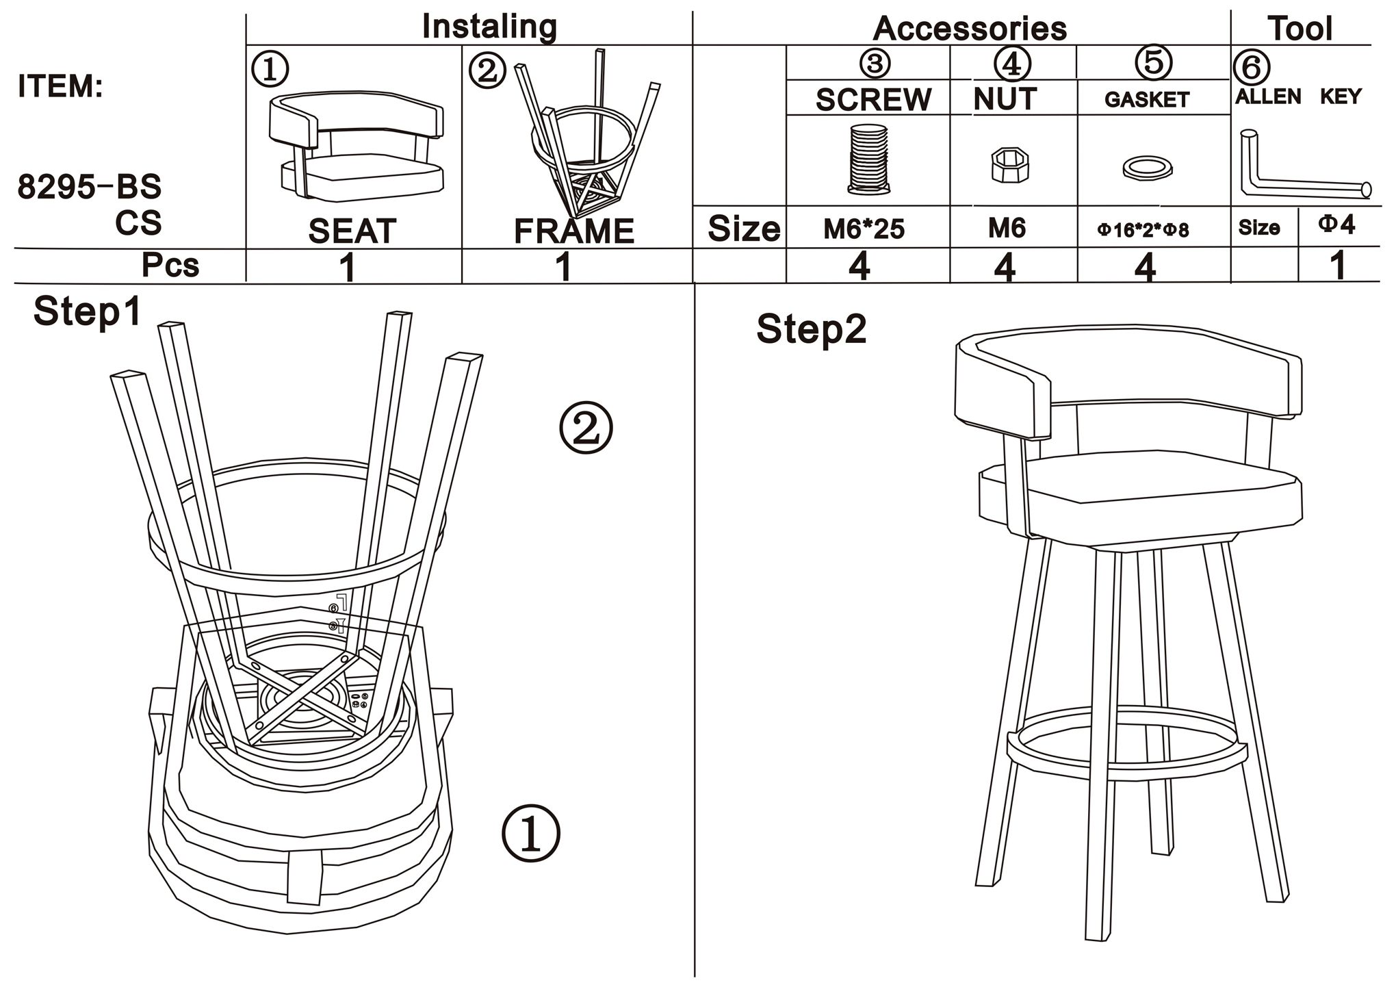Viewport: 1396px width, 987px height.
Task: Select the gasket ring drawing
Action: click(x=1147, y=168)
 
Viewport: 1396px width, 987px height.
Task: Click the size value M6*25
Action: click(x=864, y=229)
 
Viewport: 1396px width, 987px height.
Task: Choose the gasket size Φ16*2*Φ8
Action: click(x=1143, y=231)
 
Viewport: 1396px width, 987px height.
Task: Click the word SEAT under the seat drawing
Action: click(x=352, y=231)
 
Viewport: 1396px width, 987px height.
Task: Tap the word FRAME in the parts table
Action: click(x=573, y=231)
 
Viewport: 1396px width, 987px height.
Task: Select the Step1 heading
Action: click(x=87, y=311)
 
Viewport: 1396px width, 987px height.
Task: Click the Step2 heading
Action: click(x=811, y=329)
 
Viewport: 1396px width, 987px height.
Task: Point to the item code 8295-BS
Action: click(x=89, y=186)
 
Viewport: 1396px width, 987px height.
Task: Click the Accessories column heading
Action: click(x=969, y=29)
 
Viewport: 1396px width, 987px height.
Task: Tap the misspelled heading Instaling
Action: click(x=489, y=27)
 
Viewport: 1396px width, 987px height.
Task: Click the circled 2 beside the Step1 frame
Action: click(x=586, y=429)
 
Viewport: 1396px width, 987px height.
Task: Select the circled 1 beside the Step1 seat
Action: click(x=531, y=833)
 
